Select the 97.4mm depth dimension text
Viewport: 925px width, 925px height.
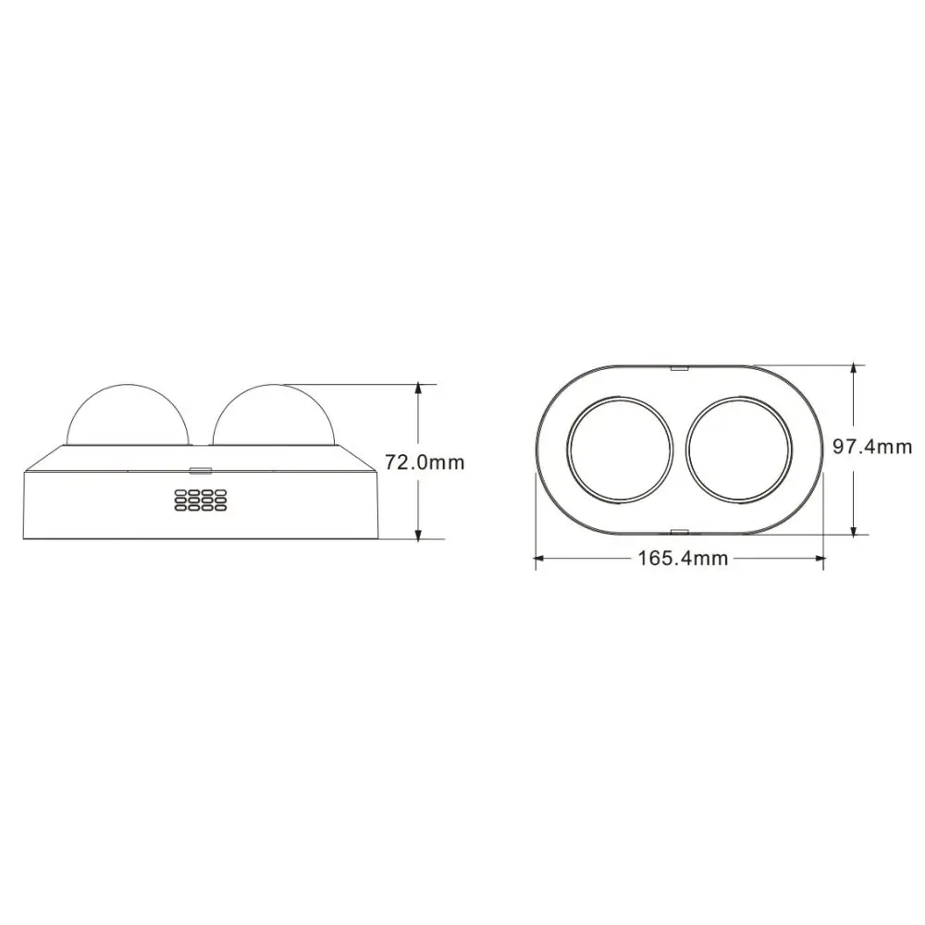coord(871,448)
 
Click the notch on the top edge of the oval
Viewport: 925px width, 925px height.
coord(680,366)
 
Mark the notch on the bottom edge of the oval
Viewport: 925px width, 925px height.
coord(680,531)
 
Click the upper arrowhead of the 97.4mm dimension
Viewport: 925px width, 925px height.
coord(854,371)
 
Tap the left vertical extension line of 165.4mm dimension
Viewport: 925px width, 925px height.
coord(535,518)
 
